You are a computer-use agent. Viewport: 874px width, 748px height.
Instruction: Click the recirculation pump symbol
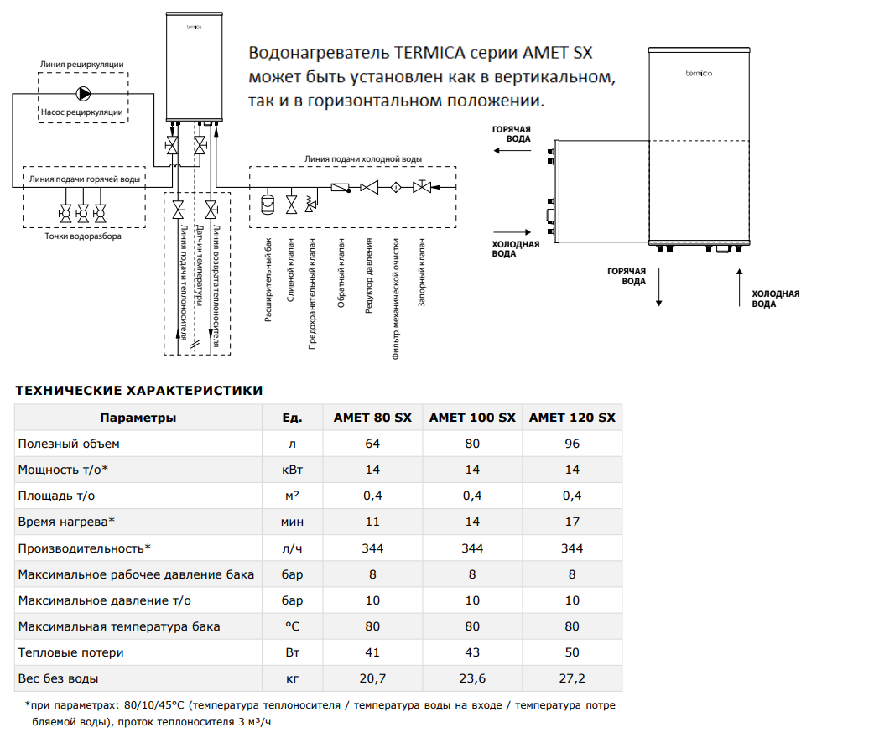[x=83, y=94]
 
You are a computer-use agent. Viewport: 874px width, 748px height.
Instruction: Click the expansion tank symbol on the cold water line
[x=268, y=204]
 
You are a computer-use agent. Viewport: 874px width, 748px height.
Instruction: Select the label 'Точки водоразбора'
[x=83, y=236]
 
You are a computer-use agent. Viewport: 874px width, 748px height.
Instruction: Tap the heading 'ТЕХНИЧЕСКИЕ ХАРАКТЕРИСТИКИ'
[x=138, y=390]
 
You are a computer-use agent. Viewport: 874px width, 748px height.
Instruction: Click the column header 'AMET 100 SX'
[x=472, y=418]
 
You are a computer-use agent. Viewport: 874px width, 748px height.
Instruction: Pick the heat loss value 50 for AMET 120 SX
[x=572, y=652]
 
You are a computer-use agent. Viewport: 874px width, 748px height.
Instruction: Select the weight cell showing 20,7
[x=372, y=678]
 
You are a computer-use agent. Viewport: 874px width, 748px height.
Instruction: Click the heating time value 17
[x=572, y=522]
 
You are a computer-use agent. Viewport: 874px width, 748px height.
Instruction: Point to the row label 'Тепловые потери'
[x=70, y=652]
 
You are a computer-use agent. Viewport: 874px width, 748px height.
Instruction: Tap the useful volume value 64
[x=372, y=444]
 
